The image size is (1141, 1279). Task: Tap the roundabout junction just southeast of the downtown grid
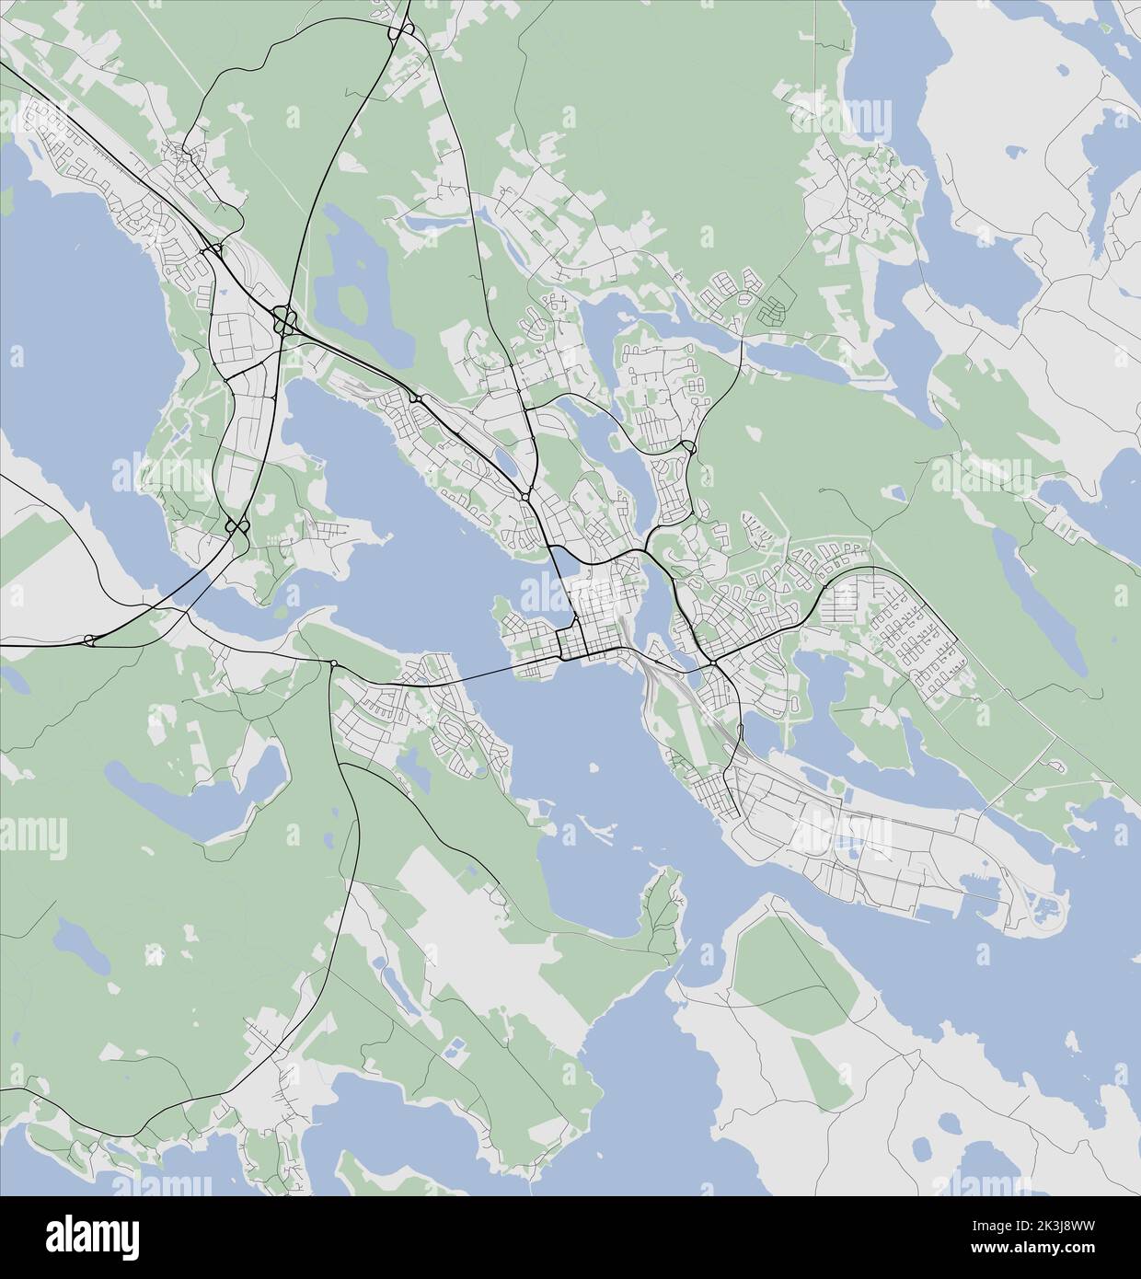pos(713,663)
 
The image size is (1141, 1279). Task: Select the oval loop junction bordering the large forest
pos(688,447)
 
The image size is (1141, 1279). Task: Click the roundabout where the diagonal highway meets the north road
pos(524,496)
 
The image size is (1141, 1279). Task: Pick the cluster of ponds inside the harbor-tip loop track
pos(1044,910)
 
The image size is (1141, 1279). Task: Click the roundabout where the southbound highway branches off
pos(332,663)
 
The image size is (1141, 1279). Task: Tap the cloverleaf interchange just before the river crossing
pos(236,527)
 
